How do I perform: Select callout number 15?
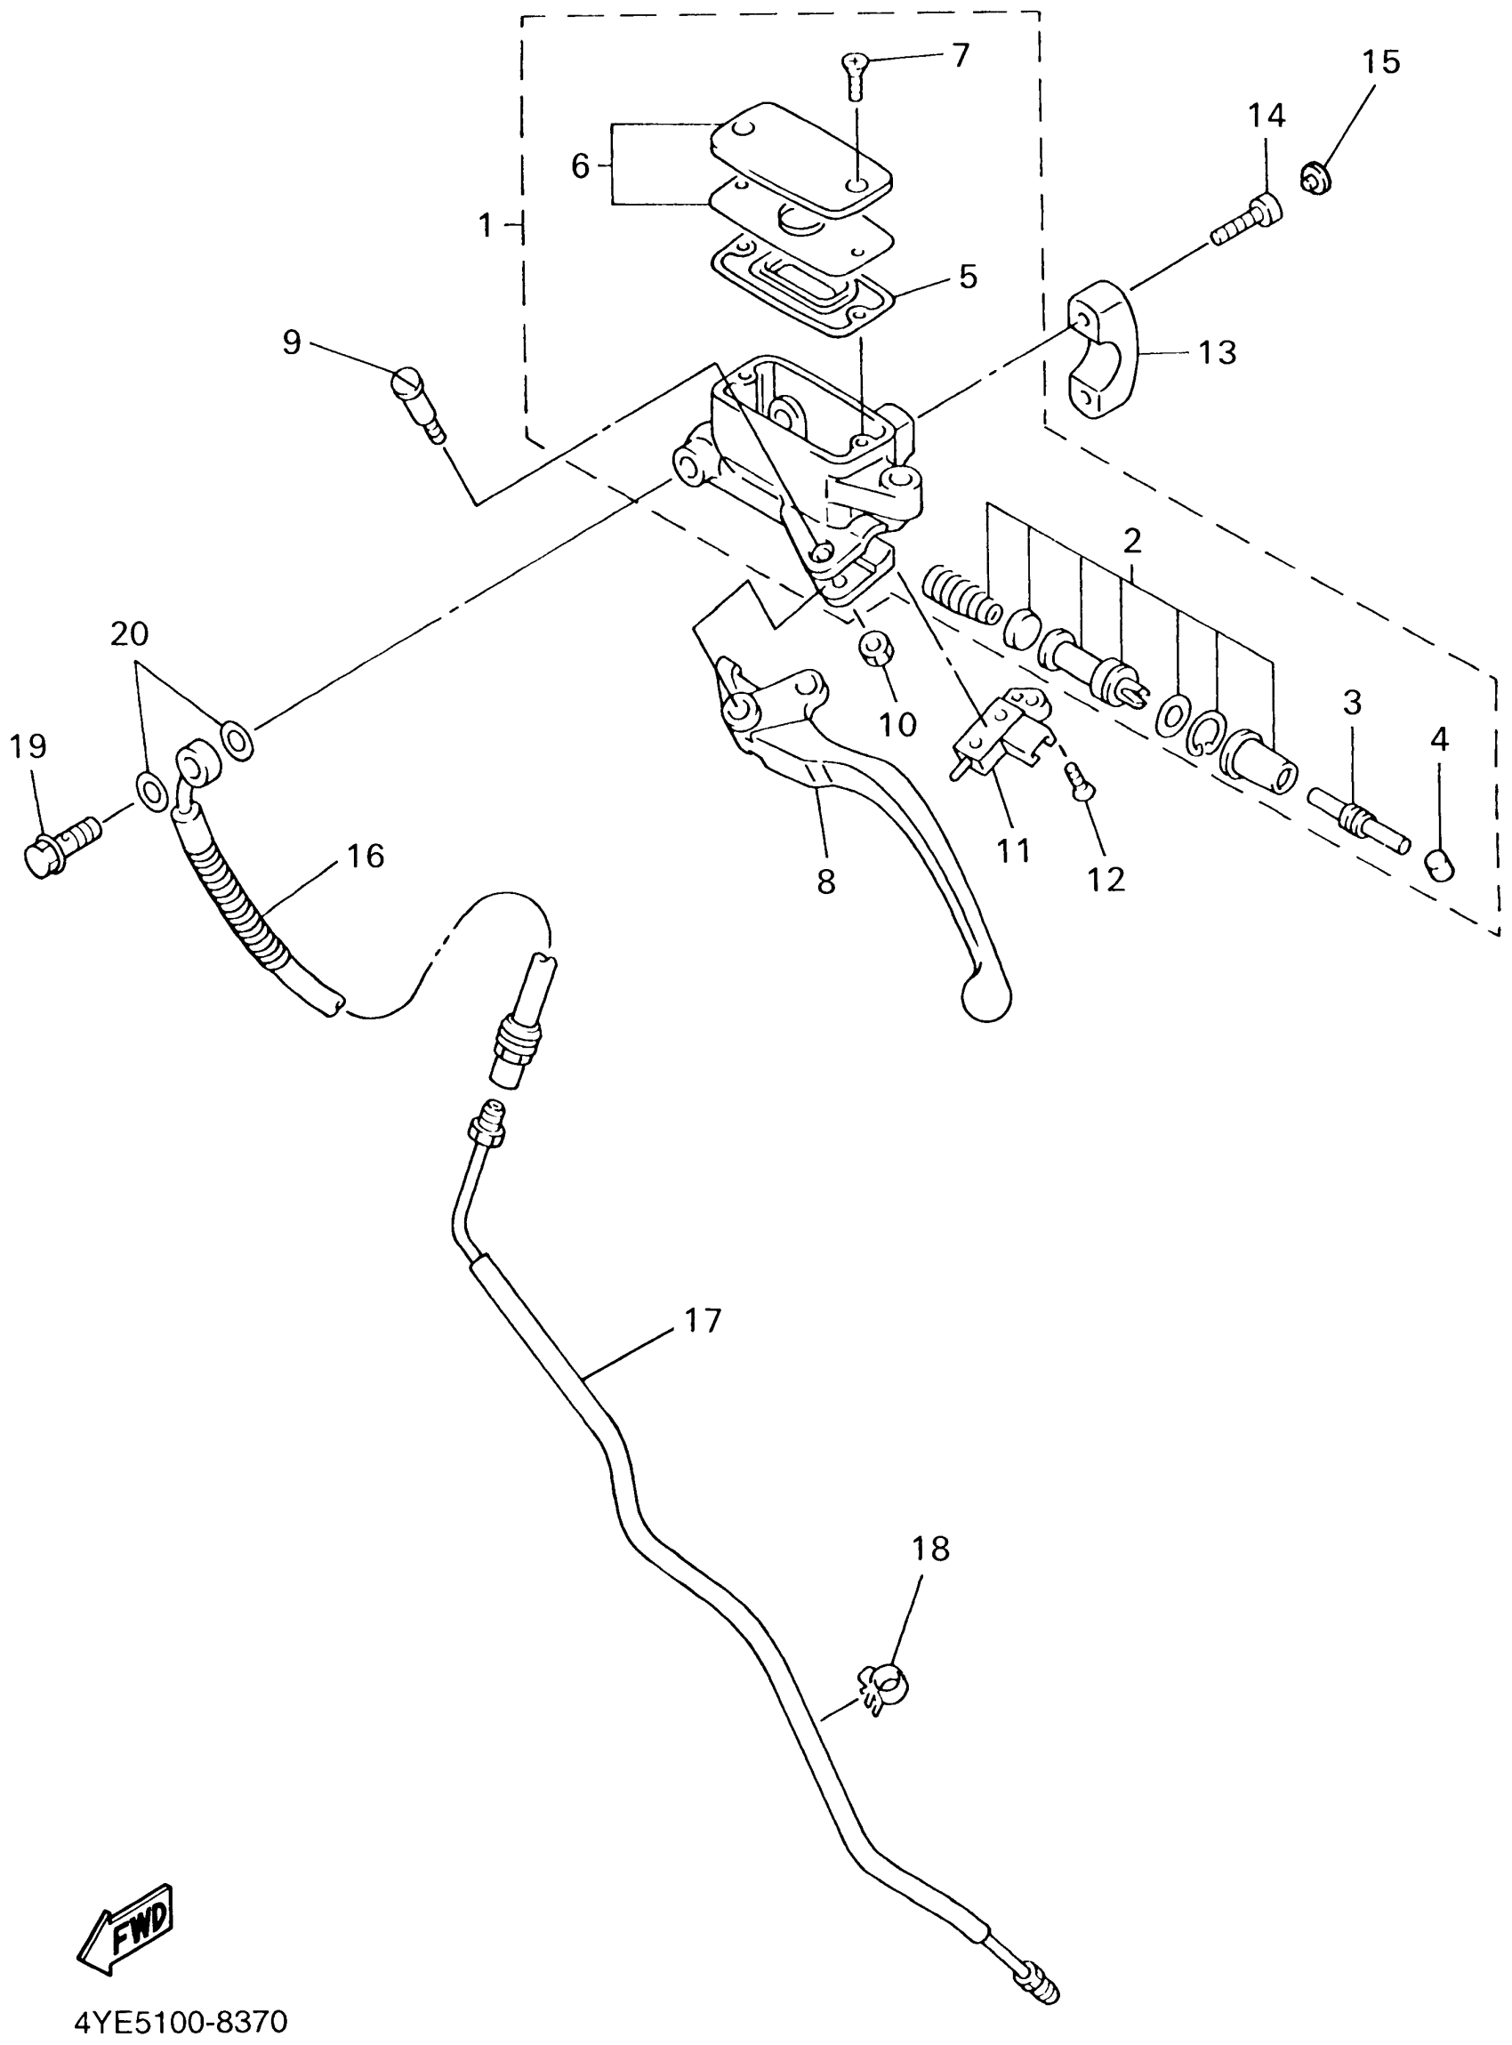[1380, 62]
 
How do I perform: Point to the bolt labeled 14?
[1249, 220]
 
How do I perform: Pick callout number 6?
[579, 166]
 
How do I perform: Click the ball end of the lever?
[985, 1000]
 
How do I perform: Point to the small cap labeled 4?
[1441, 863]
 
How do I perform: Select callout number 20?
[129, 633]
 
